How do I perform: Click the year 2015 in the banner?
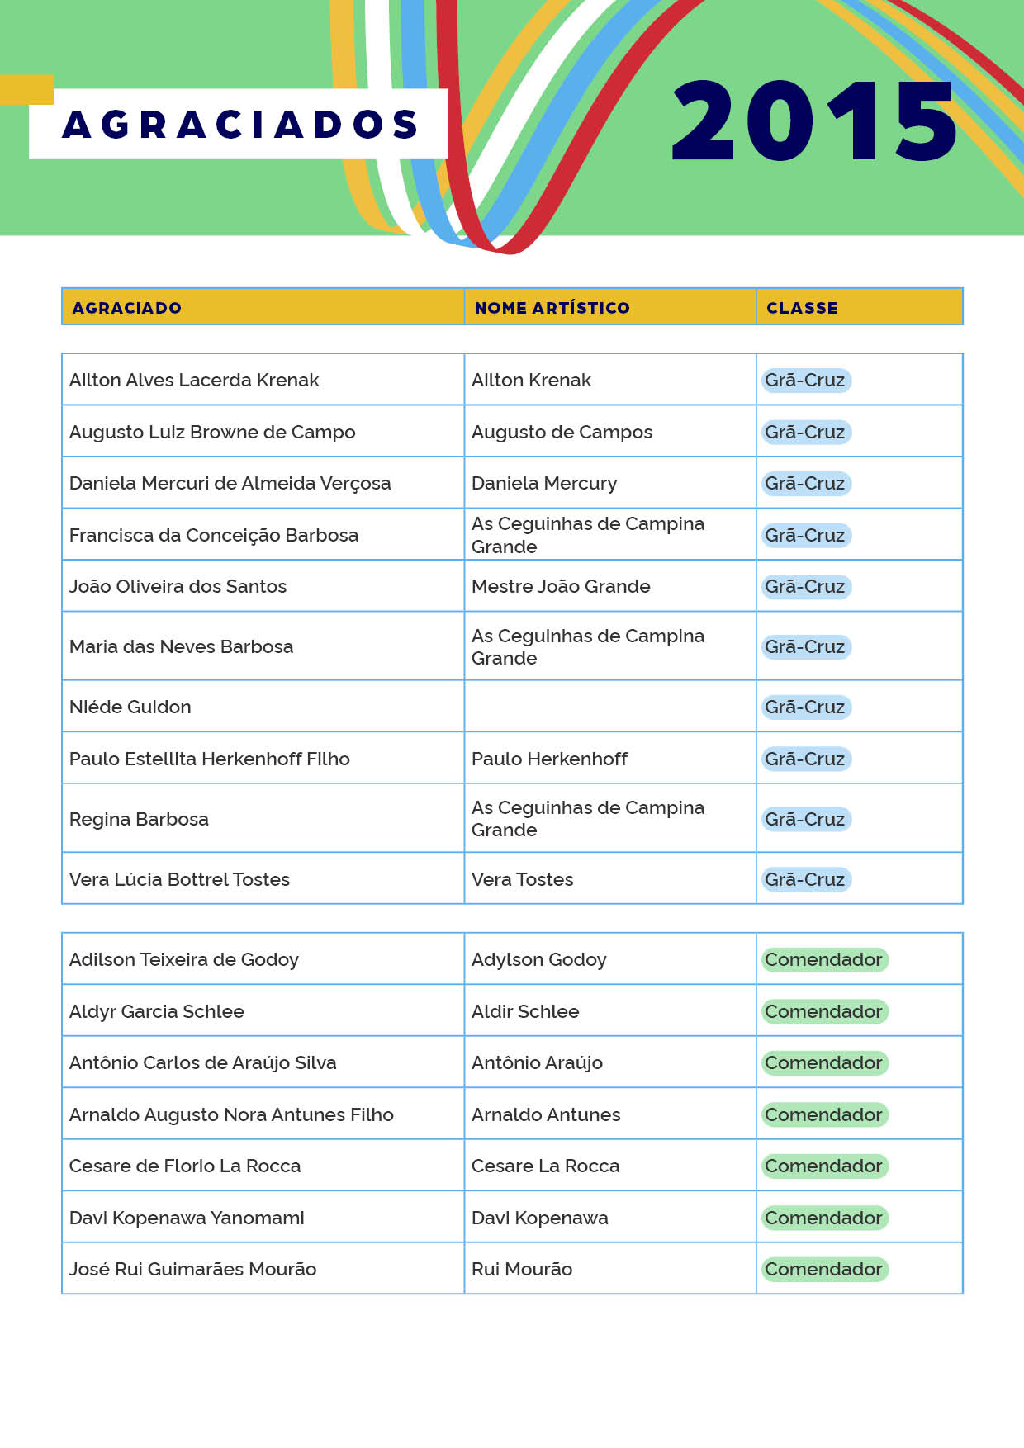click(x=813, y=121)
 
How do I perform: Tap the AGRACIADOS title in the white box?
click(x=239, y=124)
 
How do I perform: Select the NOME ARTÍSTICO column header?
click(x=552, y=308)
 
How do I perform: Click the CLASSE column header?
click(x=802, y=308)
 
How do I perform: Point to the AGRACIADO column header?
click(x=126, y=308)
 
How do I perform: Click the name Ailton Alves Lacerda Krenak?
click(x=194, y=380)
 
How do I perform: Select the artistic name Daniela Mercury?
click(x=544, y=483)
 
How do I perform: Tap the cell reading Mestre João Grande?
click(x=561, y=586)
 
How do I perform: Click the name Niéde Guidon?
click(x=130, y=707)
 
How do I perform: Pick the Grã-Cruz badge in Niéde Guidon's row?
click(x=805, y=707)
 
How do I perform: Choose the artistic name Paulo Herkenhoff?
click(x=549, y=759)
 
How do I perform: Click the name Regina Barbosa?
click(x=139, y=819)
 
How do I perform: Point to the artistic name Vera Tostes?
click(x=522, y=879)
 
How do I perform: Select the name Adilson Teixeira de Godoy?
click(x=184, y=959)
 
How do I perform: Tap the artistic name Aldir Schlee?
click(x=525, y=1011)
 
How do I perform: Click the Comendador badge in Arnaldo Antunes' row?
click(x=823, y=1114)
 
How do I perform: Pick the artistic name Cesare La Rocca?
click(x=545, y=1166)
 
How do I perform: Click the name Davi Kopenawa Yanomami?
click(x=187, y=1218)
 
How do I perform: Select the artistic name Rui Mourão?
click(x=522, y=1269)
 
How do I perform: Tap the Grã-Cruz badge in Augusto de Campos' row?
click(x=805, y=432)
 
